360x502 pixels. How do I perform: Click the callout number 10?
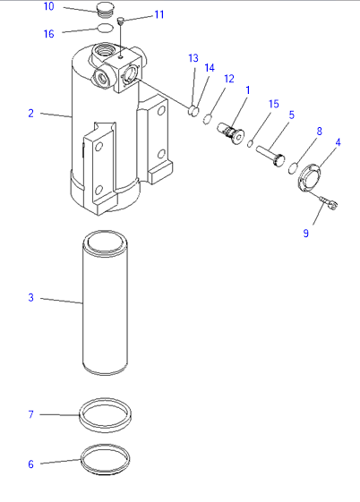click(48, 6)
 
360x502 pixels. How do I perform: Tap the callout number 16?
click(48, 34)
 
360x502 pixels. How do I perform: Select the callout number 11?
click(159, 14)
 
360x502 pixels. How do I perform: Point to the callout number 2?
click(30, 113)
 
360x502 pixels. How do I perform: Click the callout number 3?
click(30, 297)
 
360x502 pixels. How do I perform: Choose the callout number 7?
click(30, 414)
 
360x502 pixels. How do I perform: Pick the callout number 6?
click(30, 464)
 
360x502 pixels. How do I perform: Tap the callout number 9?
click(306, 233)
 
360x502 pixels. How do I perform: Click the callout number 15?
click(273, 104)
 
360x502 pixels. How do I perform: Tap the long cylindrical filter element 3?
click(106, 302)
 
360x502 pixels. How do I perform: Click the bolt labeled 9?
click(329, 203)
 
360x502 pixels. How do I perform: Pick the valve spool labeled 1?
click(231, 133)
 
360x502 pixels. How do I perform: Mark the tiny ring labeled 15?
click(250, 144)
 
